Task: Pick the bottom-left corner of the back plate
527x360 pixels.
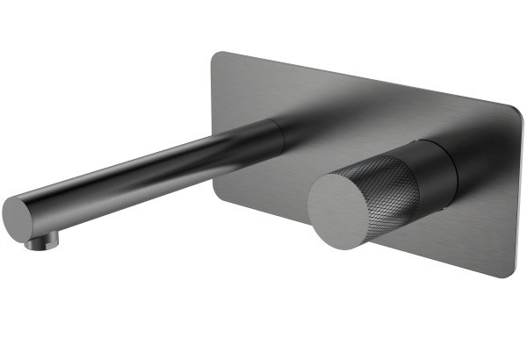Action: (x=214, y=189)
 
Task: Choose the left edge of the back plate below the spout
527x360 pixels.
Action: (x=213, y=176)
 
